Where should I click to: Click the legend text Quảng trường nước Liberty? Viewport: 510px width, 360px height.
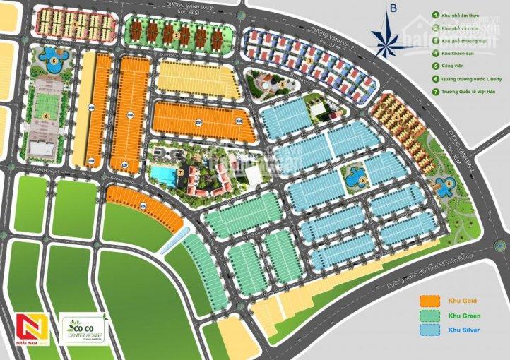coord(469,78)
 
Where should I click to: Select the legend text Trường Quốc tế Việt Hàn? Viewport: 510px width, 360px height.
coord(468,90)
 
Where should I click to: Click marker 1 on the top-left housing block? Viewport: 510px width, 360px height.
coord(74,25)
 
